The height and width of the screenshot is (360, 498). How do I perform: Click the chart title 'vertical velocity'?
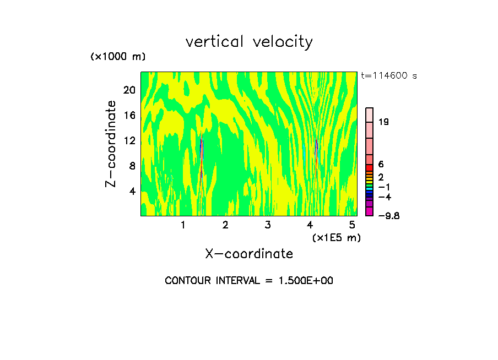click(249, 42)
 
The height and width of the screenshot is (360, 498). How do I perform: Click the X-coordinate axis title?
click(249, 254)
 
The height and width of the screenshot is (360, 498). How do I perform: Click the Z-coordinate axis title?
click(111, 144)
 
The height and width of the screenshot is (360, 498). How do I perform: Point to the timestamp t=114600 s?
click(389, 76)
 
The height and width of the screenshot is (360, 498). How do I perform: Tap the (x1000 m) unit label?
click(117, 57)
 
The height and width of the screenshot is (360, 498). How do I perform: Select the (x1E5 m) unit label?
click(336, 237)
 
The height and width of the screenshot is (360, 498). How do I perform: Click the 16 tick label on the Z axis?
click(128, 115)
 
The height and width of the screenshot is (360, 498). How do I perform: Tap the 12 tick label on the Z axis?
click(128, 140)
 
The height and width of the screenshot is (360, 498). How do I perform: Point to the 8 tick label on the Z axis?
click(131, 166)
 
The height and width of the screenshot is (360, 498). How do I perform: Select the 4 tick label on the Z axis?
click(131, 191)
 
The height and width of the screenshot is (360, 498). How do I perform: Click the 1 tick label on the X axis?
click(183, 225)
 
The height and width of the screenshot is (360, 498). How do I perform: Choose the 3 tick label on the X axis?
click(267, 225)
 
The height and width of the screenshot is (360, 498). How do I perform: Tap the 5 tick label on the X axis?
click(352, 225)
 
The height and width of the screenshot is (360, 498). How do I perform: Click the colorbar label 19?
click(384, 122)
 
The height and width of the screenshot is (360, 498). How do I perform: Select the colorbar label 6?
click(381, 165)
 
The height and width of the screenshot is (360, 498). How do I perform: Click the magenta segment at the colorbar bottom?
click(370, 212)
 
